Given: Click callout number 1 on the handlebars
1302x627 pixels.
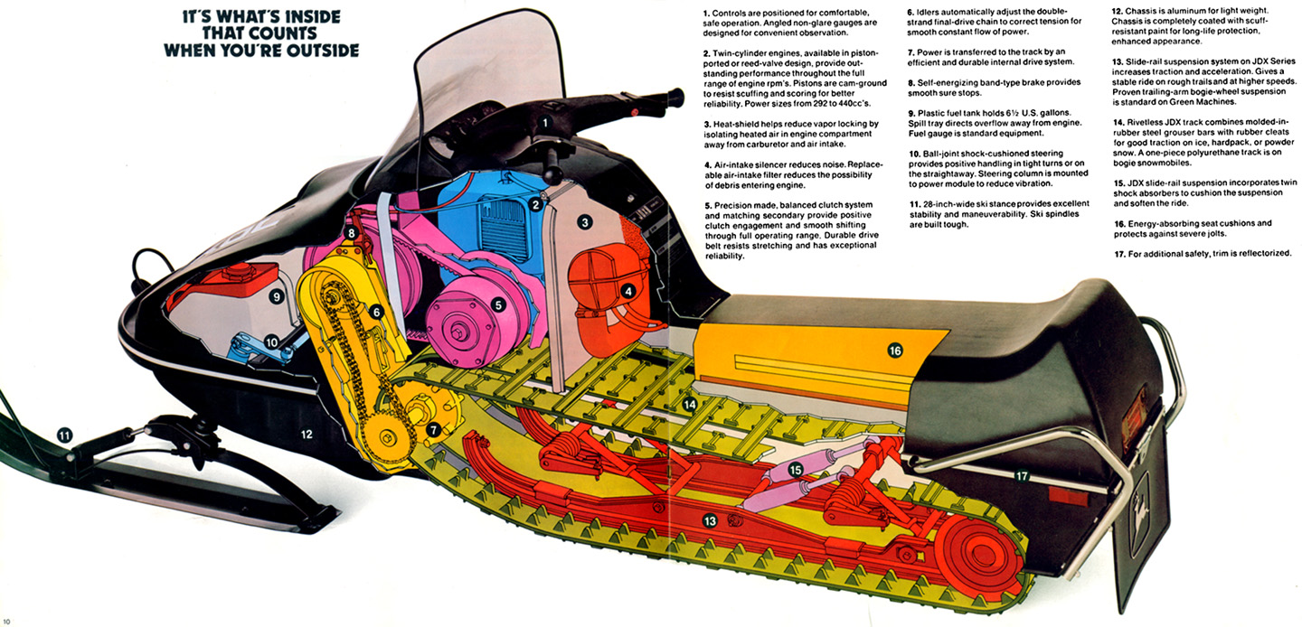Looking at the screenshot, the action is tap(544, 123).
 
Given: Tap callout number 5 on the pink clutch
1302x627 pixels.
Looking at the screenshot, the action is tap(497, 304).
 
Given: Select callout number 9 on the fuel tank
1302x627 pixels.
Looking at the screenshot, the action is tap(277, 296).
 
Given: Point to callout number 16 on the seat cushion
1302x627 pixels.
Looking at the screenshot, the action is tap(895, 350).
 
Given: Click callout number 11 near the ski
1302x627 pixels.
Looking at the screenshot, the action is tap(64, 435).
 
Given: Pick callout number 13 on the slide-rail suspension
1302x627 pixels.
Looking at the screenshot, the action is tap(710, 521).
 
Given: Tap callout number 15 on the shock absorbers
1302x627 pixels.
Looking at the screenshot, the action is tap(796, 470).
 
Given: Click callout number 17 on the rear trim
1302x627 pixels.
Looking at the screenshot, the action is tap(1022, 477).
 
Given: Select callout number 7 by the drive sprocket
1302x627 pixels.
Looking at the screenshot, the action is tap(433, 430).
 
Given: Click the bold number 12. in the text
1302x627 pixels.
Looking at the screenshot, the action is tap(1118, 11).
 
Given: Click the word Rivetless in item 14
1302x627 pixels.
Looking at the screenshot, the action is tap(1146, 123).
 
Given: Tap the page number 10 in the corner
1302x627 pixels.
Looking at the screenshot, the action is tap(6, 622).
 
